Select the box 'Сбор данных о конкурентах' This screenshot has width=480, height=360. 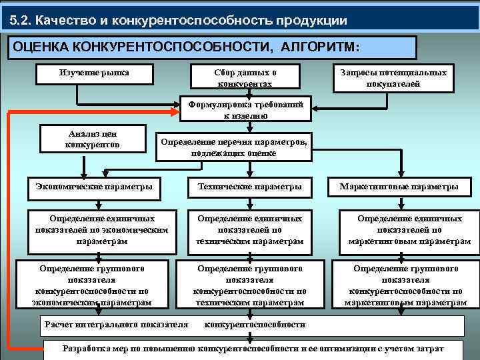(x=245, y=78)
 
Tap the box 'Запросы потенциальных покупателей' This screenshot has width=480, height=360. (x=393, y=78)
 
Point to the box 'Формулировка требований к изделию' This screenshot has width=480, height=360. (x=245, y=109)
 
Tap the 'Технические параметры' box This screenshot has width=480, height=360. (x=249, y=187)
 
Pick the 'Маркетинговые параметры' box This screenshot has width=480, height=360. (x=399, y=187)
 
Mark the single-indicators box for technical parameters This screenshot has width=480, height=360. (x=249, y=229)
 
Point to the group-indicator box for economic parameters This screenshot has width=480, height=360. (x=92, y=285)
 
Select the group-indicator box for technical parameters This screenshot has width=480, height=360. (x=249, y=285)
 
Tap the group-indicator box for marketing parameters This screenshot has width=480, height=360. (x=405, y=285)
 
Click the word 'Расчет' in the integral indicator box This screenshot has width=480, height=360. (x=61, y=325)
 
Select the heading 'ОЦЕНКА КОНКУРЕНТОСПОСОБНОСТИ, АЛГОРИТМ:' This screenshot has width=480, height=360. (x=186, y=47)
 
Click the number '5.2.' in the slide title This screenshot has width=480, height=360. (x=21, y=19)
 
